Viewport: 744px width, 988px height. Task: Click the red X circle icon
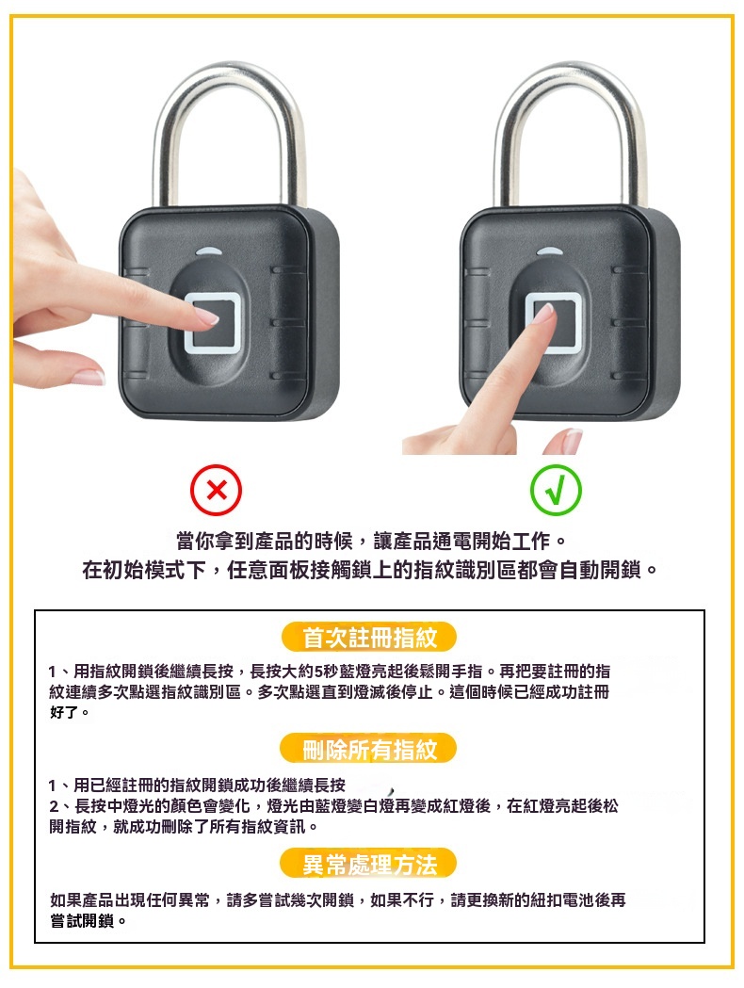coord(216,490)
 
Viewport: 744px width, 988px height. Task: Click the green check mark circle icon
coord(556,490)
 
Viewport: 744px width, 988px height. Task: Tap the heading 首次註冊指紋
coord(369,637)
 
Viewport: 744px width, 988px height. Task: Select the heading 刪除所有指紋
coord(369,749)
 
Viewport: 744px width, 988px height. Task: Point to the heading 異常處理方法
coord(369,865)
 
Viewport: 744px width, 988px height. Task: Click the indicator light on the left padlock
coord(209,251)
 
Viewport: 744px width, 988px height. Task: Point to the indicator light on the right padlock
coord(551,251)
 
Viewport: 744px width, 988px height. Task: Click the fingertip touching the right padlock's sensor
coord(543,312)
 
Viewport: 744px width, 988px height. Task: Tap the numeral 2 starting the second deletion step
coord(55,806)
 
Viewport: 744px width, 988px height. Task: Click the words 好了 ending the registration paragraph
coord(65,713)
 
